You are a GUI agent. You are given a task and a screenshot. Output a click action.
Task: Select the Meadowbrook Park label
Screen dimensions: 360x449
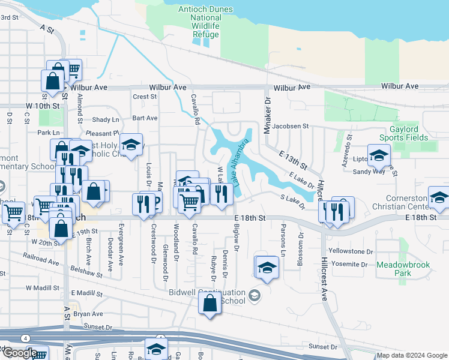[394, 268]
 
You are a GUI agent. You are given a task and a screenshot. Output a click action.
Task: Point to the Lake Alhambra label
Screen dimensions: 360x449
[240, 163]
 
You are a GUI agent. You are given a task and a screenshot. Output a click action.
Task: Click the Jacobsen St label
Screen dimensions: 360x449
[289, 127]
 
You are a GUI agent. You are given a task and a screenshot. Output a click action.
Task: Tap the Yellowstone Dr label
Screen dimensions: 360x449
[351, 251]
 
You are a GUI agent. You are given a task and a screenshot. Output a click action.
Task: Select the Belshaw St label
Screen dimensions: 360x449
[85, 272]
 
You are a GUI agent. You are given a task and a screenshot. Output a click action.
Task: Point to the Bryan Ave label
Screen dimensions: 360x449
[88, 314]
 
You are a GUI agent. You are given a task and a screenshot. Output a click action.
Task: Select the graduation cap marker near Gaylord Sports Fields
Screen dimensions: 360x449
[379, 157]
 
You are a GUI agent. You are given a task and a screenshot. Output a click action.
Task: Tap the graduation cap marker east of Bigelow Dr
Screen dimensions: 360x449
[267, 267]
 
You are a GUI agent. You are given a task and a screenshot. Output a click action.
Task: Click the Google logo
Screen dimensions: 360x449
[20, 353]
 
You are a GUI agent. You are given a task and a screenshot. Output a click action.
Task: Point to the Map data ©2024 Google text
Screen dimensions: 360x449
[412, 355]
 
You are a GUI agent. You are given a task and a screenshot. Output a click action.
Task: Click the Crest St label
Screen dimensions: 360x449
[145, 97]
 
